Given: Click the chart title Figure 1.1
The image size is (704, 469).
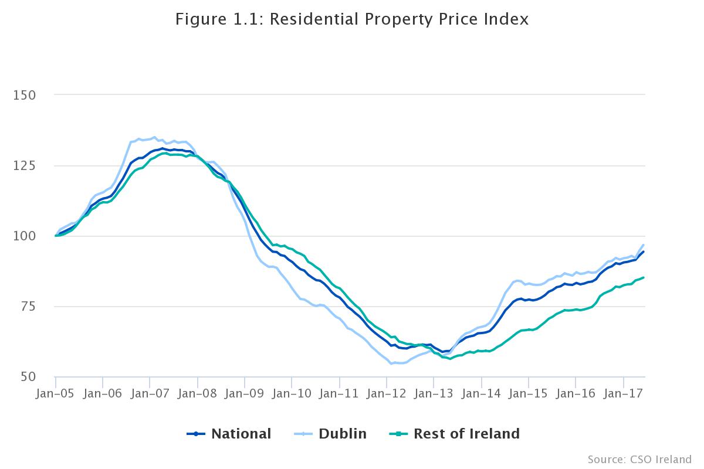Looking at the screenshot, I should click(352, 19).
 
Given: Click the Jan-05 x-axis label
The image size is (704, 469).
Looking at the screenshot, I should click(55, 393).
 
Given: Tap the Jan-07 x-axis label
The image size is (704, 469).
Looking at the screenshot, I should click(150, 393).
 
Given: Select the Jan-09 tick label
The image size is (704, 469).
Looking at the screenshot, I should click(244, 393).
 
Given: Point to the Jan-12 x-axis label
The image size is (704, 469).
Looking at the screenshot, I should click(386, 393).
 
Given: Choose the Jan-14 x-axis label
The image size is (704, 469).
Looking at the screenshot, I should click(481, 393).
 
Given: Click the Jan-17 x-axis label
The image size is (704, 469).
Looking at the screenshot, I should click(623, 393).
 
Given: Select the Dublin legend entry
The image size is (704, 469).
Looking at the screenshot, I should click(330, 434).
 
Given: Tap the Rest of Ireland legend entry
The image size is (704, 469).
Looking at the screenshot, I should click(455, 434).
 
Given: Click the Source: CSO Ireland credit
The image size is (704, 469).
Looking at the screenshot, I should click(639, 458).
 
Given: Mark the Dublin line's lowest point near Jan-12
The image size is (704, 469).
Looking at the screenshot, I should click(391, 363).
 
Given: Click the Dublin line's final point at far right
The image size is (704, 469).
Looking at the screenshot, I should click(644, 245).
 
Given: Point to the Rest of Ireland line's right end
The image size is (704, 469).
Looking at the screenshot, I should click(644, 277).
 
